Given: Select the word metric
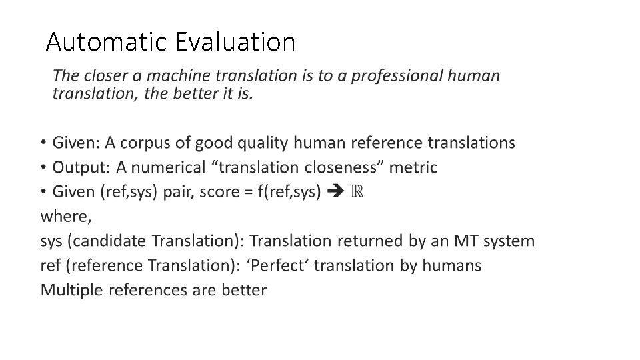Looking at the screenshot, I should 413,167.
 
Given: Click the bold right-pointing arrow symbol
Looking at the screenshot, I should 337,192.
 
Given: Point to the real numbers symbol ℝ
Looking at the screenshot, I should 357,192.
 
